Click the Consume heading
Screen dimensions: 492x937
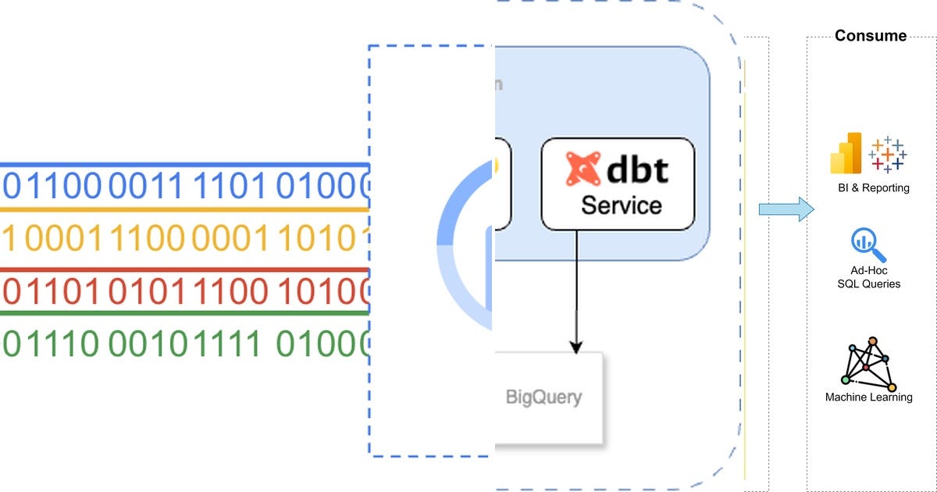tap(871, 36)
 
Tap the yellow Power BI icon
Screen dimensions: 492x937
tap(846, 154)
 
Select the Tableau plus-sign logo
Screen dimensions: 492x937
tap(887, 155)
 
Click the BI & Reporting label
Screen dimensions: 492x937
tap(869, 188)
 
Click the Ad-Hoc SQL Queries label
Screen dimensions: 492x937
tap(868, 277)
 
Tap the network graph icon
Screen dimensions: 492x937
tap(869, 364)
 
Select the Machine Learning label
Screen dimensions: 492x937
tap(868, 398)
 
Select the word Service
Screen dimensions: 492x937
tap(622, 205)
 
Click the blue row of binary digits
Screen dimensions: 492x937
tap(183, 186)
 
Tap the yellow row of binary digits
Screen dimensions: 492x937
tap(183, 239)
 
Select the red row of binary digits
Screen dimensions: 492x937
tap(183, 291)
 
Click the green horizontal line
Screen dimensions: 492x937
tap(183, 313)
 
